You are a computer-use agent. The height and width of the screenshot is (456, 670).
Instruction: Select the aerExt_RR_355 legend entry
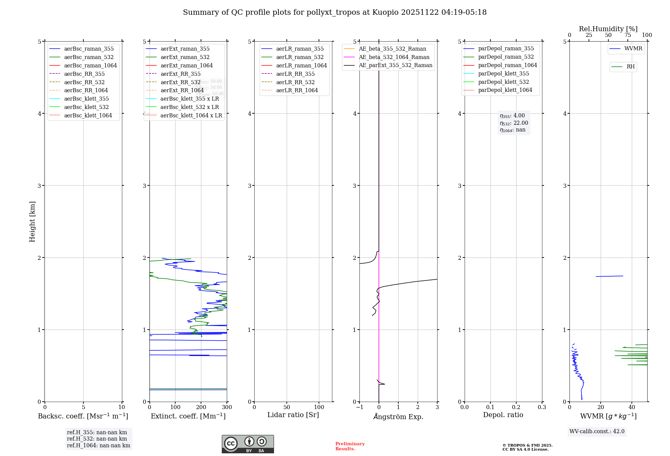coord(180,74)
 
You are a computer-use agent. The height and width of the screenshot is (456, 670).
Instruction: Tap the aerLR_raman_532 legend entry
coord(300,57)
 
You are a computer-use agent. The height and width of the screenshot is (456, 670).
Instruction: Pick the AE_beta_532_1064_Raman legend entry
coord(394,57)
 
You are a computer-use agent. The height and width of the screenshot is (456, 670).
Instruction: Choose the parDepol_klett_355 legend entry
coord(504,73)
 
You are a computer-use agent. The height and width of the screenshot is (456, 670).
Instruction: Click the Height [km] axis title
coord(32,222)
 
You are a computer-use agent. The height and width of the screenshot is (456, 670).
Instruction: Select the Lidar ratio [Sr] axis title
coord(293,415)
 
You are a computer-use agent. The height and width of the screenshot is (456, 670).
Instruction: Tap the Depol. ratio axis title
coord(503,415)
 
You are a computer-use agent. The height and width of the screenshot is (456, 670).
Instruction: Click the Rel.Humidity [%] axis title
coord(608,29)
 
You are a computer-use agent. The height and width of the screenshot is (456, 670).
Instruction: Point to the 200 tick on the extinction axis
coord(201,407)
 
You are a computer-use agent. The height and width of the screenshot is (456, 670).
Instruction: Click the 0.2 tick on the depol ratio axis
coord(516,407)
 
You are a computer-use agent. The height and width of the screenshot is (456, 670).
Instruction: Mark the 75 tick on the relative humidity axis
coord(628,35)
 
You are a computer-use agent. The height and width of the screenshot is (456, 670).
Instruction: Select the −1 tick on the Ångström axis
coord(359,407)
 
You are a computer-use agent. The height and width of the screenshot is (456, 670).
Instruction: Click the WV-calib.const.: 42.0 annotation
coord(597,431)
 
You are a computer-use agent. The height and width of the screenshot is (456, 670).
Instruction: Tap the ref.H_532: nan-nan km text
coord(97,439)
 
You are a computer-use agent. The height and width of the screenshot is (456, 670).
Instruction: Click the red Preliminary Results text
coord(350,446)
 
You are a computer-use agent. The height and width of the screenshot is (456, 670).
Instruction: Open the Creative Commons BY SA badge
coord(248,444)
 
